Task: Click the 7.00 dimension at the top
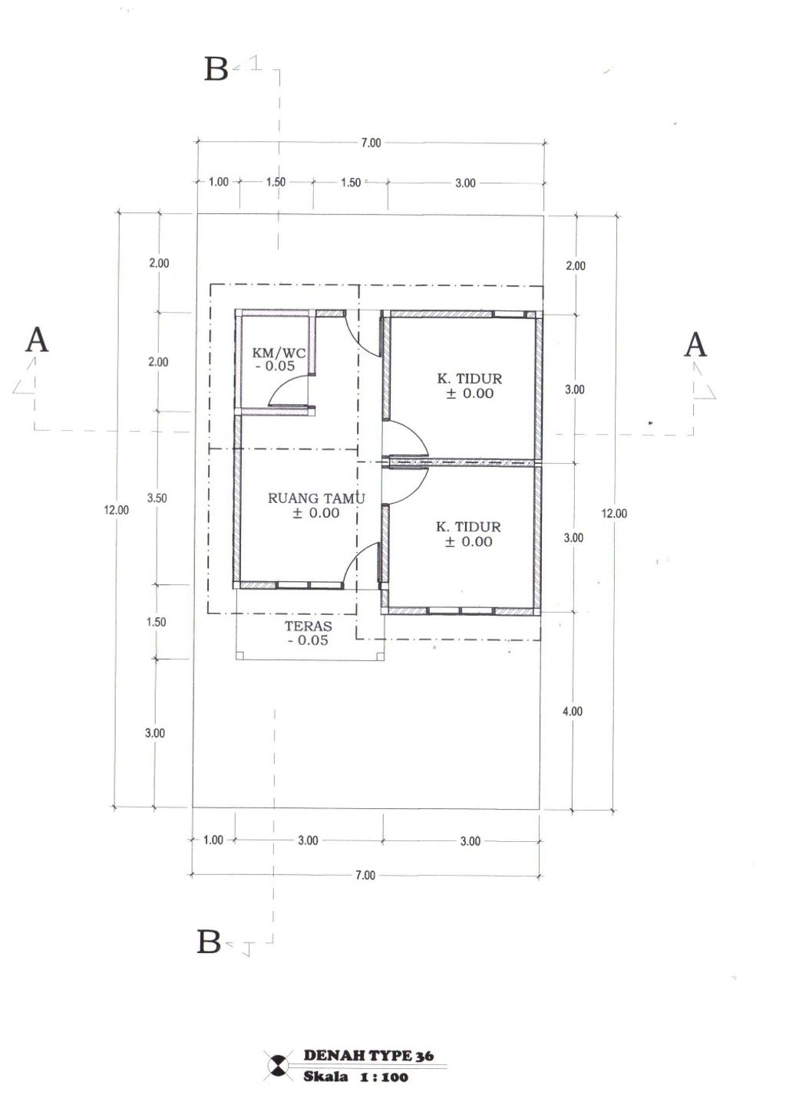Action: coord(371,143)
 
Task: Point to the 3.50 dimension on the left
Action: coord(157,498)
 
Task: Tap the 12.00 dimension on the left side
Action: coord(116,510)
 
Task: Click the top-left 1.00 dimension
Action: coord(218,182)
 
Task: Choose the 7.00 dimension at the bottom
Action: coord(365,875)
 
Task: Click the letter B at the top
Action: coord(216,69)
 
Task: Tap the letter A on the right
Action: coord(695,344)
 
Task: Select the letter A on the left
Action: coord(37,340)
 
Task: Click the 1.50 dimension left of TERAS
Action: coord(156,623)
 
